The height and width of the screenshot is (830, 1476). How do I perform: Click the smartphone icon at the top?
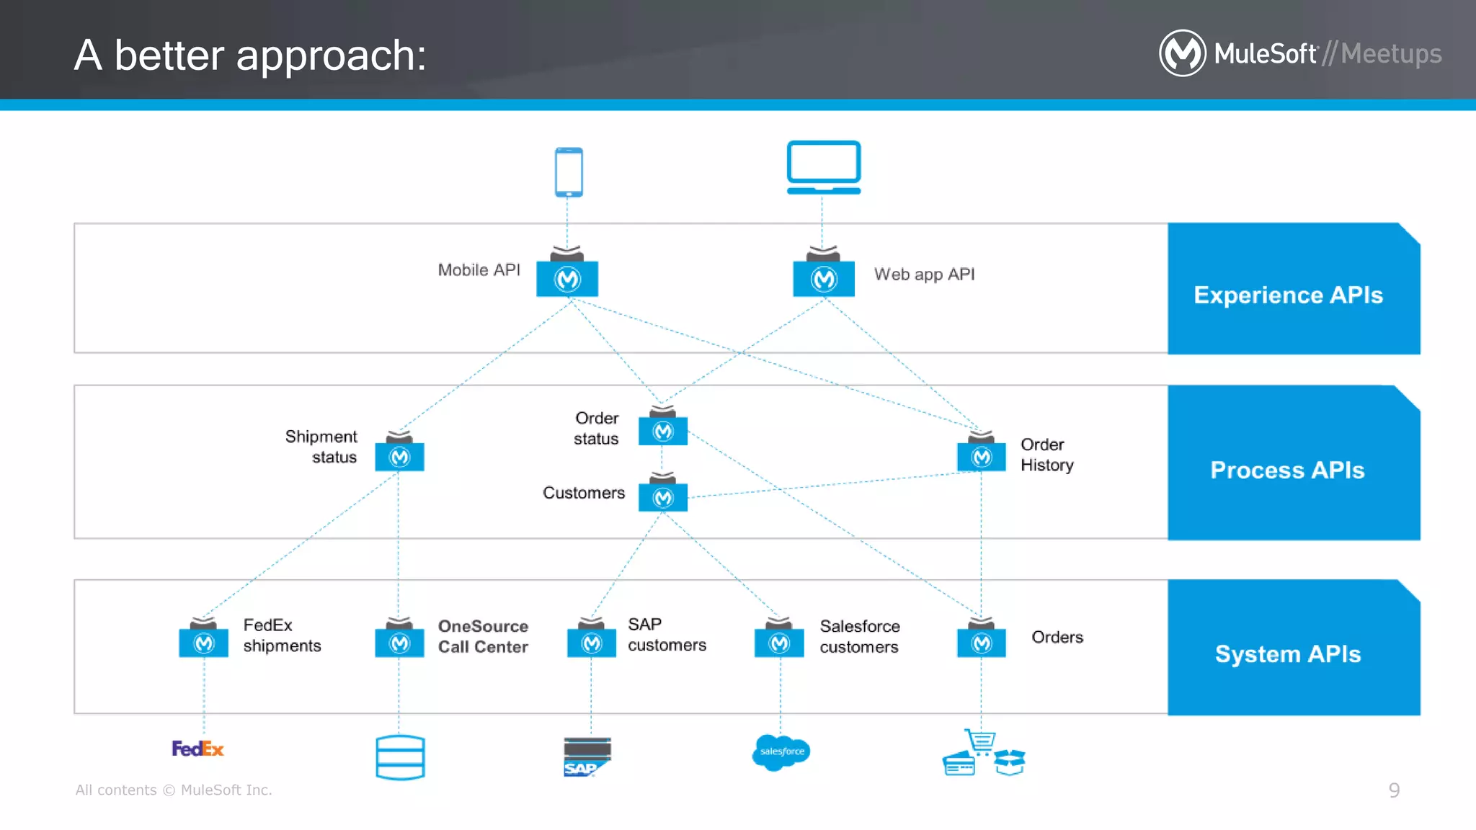coord(569,172)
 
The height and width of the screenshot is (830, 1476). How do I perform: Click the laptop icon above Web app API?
coord(823,167)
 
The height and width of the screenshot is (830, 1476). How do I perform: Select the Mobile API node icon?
coord(567,278)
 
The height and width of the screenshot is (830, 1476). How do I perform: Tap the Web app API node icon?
coord(824,278)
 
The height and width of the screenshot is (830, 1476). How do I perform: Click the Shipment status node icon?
coord(399,456)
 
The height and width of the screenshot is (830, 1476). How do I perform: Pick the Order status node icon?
coord(663,431)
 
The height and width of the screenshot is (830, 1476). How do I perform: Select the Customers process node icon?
coord(663,497)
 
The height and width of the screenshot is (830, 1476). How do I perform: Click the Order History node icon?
coord(982,456)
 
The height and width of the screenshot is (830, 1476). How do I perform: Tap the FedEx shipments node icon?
coord(204,642)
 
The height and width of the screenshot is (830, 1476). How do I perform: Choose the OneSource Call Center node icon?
coord(399,642)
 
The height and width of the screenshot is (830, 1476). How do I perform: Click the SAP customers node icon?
coord(592,642)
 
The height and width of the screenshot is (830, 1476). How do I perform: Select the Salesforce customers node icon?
coord(779,642)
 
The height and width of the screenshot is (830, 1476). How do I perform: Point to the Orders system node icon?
coord(982,642)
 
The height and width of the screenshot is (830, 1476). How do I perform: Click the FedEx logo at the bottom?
coord(197,749)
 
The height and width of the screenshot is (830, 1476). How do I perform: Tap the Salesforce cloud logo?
coord(781,751)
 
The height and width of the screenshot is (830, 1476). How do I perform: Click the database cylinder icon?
coord(400,757)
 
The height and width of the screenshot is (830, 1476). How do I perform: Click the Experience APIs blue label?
coord(1289,295)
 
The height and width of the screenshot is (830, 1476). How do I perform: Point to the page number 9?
coord(1394,790)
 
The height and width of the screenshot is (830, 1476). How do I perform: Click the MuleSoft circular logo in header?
coord(1182,53)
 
